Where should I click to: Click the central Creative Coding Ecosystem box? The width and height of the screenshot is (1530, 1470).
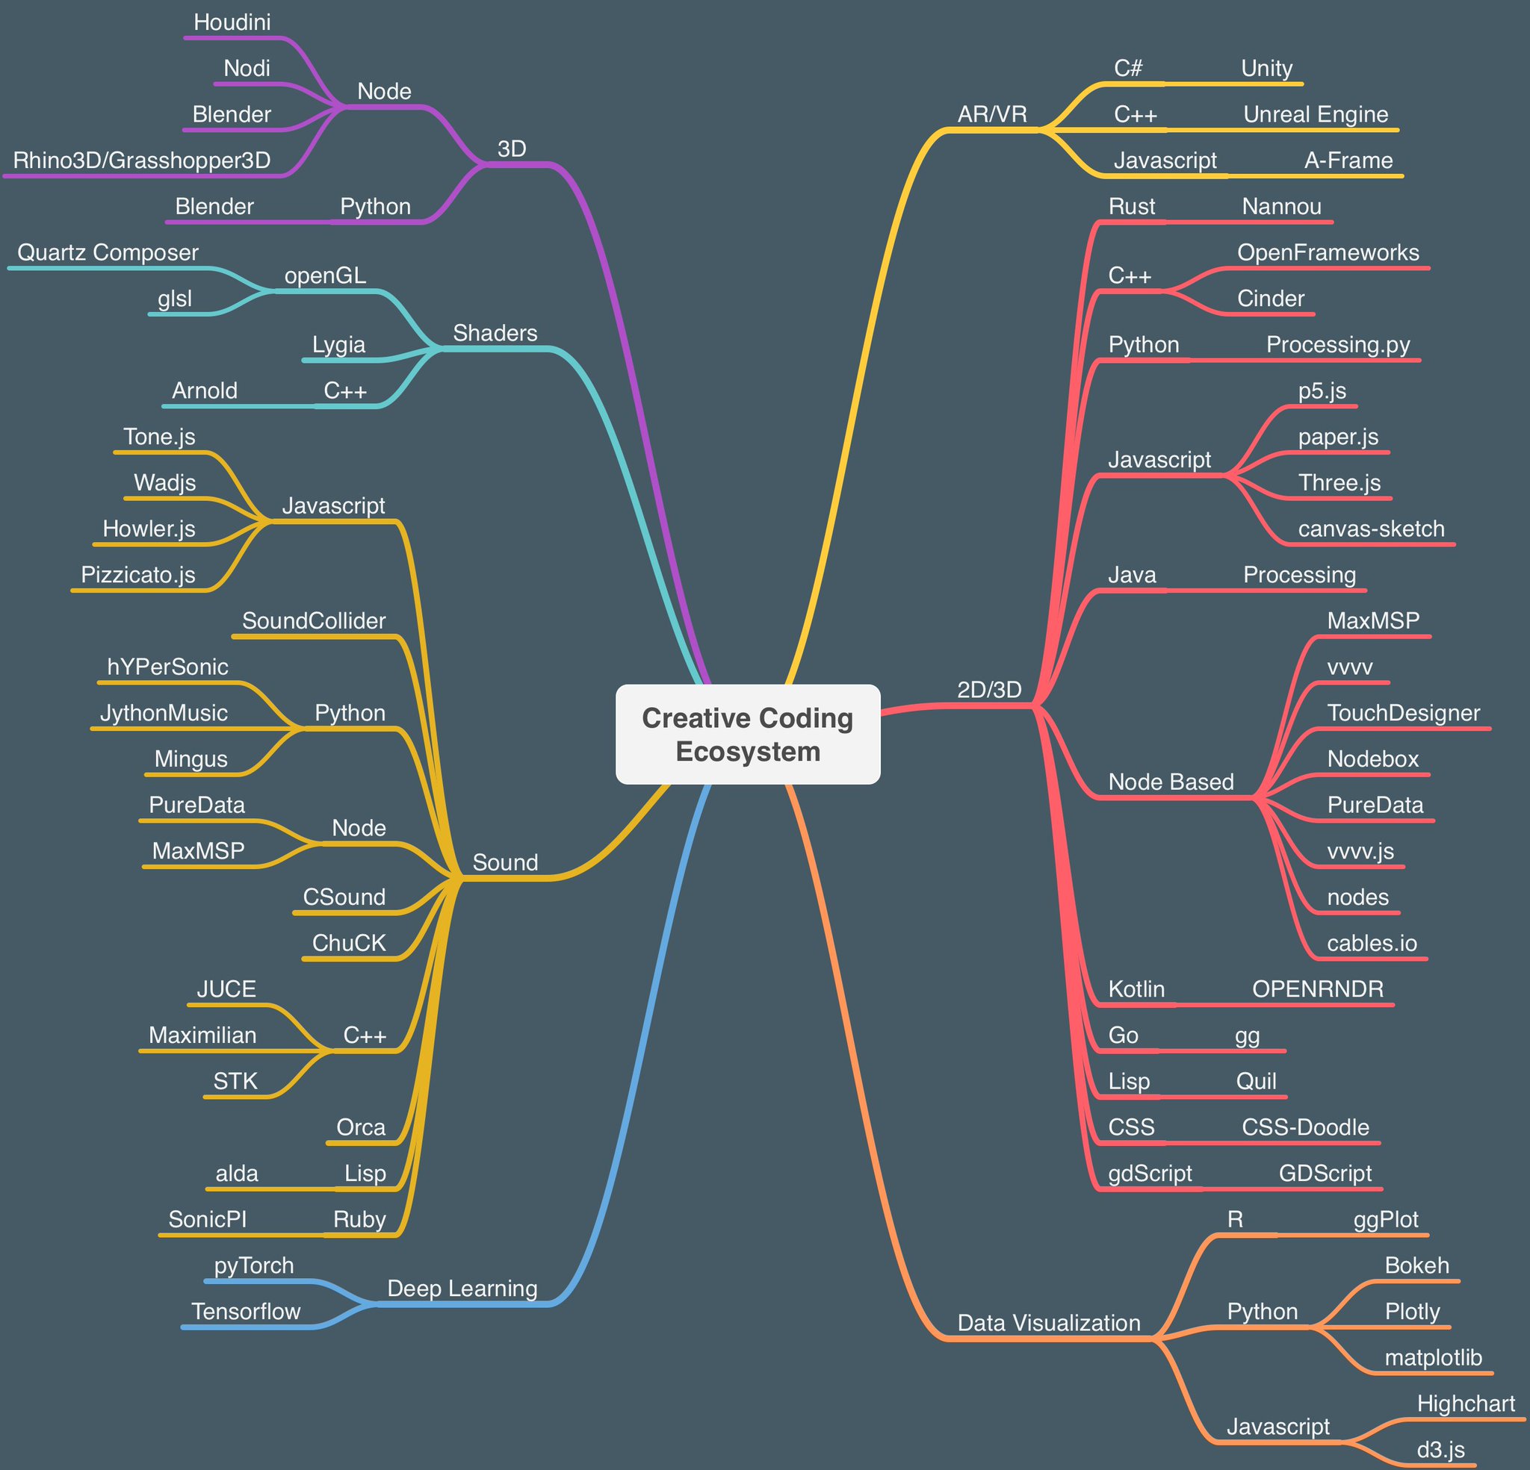click(x=748, y=734)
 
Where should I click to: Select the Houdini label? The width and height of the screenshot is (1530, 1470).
click(x=232, y=22)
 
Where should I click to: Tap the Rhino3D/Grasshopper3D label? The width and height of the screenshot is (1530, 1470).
click(x=141, y=161)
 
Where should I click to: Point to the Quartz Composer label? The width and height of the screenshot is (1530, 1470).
click(x=108, y=253)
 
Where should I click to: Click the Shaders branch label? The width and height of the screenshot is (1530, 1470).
click(x=495, y=333)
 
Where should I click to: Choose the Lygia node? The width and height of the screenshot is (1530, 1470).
click(x=338, y=345)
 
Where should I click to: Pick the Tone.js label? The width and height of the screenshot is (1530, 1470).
click(x=159, y=437)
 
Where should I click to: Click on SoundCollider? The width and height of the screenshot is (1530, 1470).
click(x=314, y=621)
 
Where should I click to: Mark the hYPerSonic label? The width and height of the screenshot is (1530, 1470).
click(x=168, y=667)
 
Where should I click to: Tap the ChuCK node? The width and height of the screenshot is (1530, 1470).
click(x=349, y=944)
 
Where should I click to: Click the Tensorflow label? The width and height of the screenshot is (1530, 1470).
click(x=246, y=1312)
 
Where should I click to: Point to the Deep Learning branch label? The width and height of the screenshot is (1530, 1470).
click(x=462, y=1288)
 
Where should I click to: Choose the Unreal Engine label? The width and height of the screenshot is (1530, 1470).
click(x=1316, y=115)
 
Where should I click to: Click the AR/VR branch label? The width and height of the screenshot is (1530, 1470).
click(x=992, y=115)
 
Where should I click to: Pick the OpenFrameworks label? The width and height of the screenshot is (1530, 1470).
click(x=1328, y=253)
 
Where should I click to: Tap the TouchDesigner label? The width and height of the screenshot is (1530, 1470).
click(x=1403, y=713)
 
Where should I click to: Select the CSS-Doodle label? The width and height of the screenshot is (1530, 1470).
click(x=1305, y=1127)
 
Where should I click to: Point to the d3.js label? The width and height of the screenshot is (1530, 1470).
click(x=1440, y=1450)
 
